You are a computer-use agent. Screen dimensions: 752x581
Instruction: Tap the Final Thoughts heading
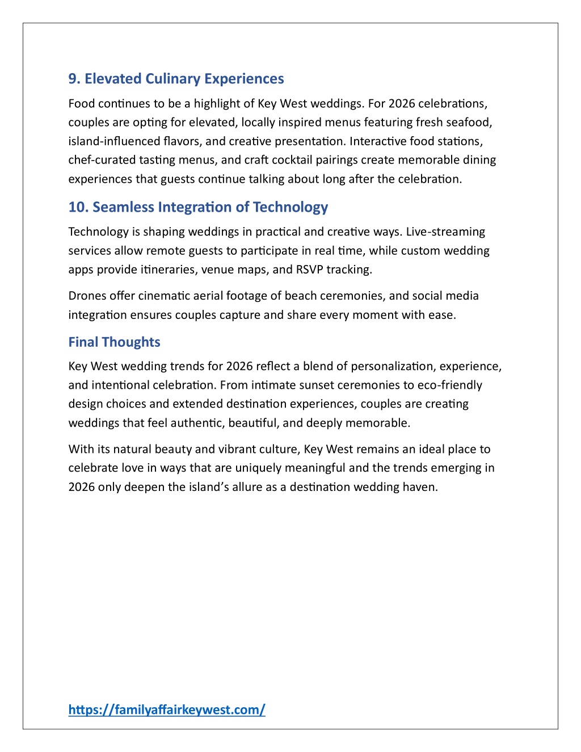point(114,342)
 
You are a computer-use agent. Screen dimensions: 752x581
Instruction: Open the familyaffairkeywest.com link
point(167,709)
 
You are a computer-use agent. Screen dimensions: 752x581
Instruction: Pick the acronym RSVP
point(309,270)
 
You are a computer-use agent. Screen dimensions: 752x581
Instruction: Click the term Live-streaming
point(445,232)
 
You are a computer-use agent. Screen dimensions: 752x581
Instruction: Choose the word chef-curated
point(102,160)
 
